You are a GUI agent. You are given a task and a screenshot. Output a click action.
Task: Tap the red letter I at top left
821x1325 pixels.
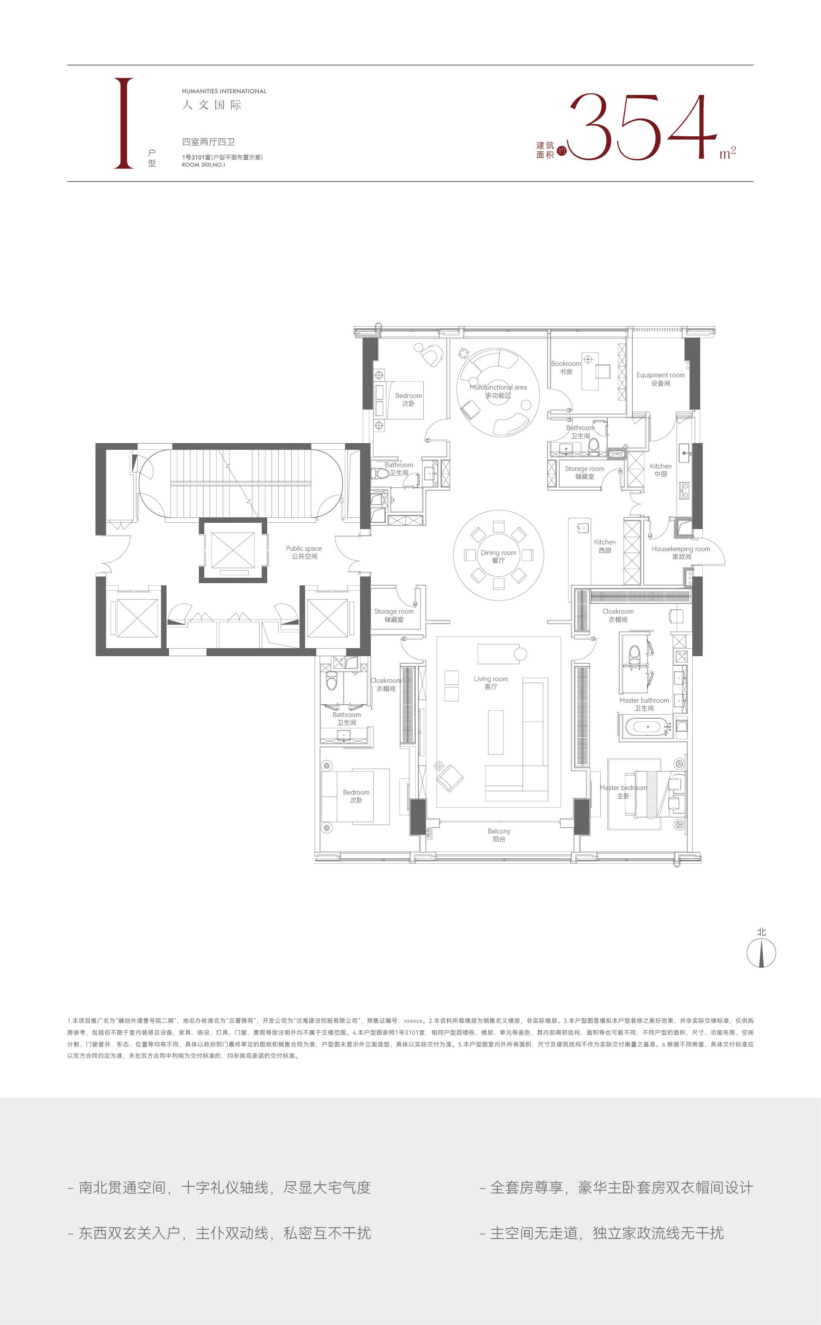point(123,123)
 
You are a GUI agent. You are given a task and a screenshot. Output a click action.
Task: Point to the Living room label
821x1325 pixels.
point(491,683)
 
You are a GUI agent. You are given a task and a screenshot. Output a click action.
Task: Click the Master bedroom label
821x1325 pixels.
point(623,792)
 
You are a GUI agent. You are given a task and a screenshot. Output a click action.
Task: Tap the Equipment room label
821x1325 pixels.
point(661,379)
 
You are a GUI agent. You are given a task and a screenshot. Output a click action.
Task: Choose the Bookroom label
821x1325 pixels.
point(566,368)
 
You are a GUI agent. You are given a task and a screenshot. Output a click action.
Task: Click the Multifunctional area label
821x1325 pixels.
point(498,391)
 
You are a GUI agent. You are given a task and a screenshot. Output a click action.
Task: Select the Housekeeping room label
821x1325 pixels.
point(681,553)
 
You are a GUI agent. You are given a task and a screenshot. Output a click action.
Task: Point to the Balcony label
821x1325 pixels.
point(499,835)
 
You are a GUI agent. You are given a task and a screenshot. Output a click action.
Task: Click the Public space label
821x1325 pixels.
point(304,552)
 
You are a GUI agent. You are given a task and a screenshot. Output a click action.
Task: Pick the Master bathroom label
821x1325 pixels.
point(644,704)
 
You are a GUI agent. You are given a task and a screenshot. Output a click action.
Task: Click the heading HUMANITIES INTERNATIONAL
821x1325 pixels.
point(224,91)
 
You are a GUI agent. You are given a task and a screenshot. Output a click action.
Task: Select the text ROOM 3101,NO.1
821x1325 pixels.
point(203,165)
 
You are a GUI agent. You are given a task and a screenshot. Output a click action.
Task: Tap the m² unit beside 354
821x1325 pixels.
point(728,152)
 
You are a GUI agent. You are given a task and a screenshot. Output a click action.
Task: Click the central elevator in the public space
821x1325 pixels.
point(233,550)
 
